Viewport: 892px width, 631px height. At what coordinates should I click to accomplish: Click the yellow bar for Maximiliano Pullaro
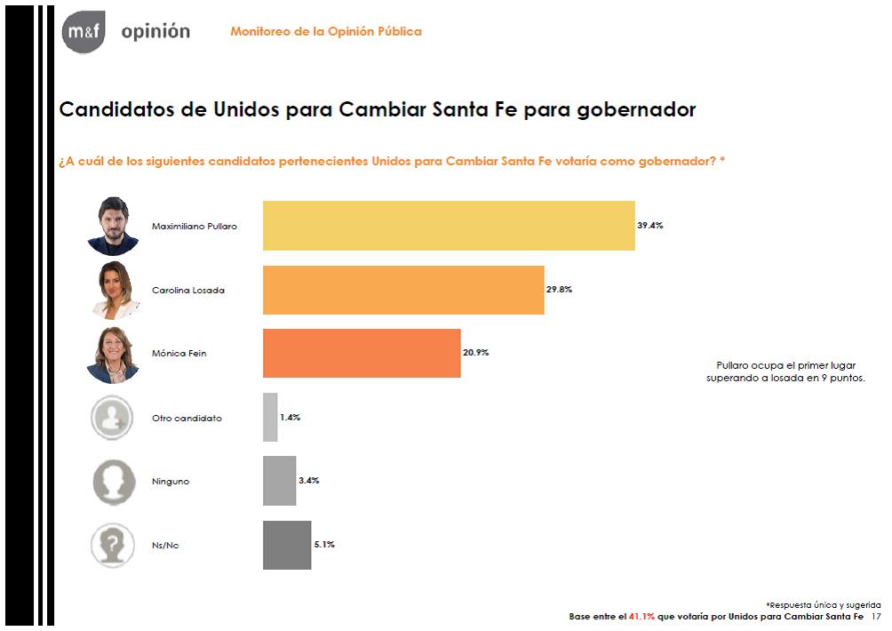pyautogui.click(x=449, y=226)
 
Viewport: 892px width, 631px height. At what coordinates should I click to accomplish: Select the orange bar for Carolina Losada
pyautogui.click(x=403, y=290)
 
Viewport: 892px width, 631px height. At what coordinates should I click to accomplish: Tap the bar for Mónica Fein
pyautogui.click(x=362, y=353)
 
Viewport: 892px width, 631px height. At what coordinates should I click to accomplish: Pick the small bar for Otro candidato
pyautogui.click(x=270, y=417)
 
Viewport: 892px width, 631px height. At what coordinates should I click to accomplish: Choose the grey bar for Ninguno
pyautogui.click(x=279, y=481)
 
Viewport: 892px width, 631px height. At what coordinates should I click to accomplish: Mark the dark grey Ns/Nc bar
pyautogui.click(x=287, y=545)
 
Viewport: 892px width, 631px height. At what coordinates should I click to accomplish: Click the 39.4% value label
pyautogui.click(x=650, y=226)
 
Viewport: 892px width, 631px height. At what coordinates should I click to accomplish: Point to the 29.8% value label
pyautogui.click(x=559, y=289)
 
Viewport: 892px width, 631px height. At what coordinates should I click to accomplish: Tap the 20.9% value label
pyautogui.click(x=475, y=352)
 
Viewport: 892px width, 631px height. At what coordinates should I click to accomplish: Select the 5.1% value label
pyautogui.click(x=324, y=544)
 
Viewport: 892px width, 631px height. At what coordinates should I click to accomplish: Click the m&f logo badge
pyautogui.click(x=84, y=32)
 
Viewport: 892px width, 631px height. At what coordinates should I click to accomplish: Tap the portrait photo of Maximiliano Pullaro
pyautogui.click(x=113, y=226)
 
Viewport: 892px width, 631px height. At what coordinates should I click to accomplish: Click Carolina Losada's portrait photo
pyautogui.click(x=115, y=291)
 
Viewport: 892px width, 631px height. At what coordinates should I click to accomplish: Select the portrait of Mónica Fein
pyautogui.click(x=113, y=355)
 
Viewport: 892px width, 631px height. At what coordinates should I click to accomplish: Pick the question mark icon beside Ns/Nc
pyautogui.click(x=113, y=545)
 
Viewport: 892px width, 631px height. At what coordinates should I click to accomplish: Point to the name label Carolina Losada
pyautogui.click(x=188, y=291)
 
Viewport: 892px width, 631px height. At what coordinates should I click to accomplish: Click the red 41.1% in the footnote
pyautogui.click(x=641, y=616)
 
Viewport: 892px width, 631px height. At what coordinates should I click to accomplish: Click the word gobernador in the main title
pyautogui.click(x=637, y=109)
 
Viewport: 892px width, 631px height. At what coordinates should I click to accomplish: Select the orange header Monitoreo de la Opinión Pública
pyautogui.click(x=326, y=31)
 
